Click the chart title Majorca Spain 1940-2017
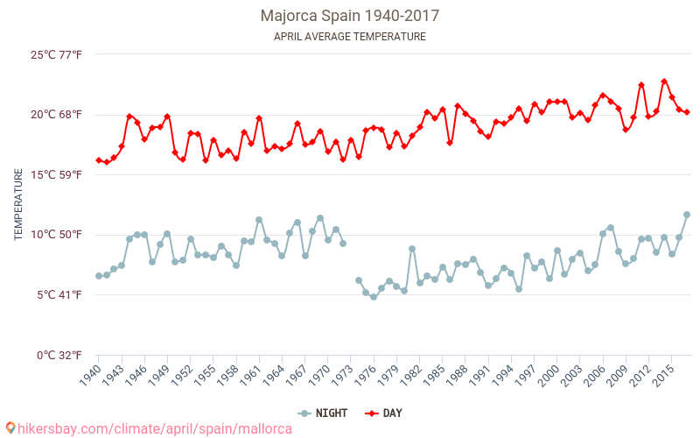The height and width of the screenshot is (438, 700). pos(350,16)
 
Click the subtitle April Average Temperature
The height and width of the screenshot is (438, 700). pos(350,37)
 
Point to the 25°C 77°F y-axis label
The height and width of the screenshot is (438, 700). pos(57,54)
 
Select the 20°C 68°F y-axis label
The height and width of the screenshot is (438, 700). pos(57,115)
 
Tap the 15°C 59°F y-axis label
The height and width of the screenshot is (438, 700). pos(57,174)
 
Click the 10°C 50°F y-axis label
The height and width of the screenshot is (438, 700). pos(57,235)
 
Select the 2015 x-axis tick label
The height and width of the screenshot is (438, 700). pos(662,375)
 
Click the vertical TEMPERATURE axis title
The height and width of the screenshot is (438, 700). pos(18,205)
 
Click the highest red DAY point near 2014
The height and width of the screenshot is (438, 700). pos(664,81)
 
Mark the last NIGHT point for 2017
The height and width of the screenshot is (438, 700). pos(687,215)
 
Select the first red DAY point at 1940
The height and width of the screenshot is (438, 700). pos(99,160)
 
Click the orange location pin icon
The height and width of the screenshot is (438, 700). pos(10,428)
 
